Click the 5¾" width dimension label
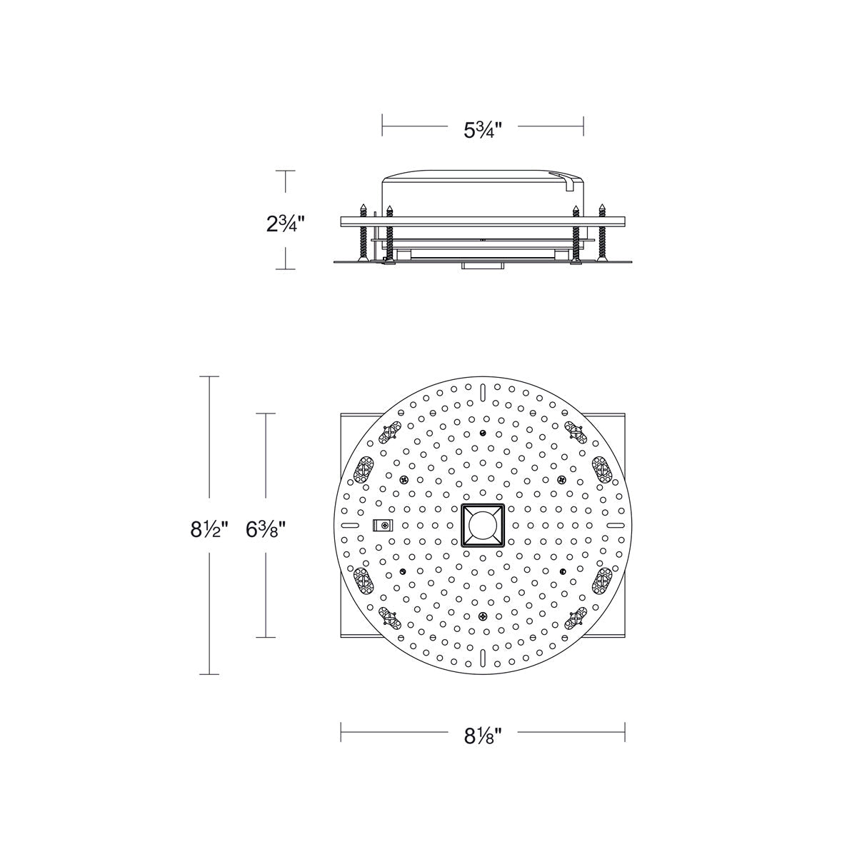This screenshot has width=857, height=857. (483, 130)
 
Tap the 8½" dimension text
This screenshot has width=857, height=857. (209, 530)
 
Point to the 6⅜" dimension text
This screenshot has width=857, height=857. (266, 530)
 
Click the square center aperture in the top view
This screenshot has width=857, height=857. (483, 526)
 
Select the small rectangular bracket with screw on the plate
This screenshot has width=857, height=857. (383, 526)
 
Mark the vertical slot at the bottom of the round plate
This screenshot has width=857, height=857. (483, 657)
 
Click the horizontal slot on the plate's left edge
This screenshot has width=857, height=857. (350, 525)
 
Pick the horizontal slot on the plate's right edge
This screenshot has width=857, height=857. (616, 525)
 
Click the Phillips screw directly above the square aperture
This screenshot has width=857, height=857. (483, 433)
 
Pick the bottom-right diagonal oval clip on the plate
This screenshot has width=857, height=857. (576, 619)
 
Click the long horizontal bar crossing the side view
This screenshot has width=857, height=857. (483, 221)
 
